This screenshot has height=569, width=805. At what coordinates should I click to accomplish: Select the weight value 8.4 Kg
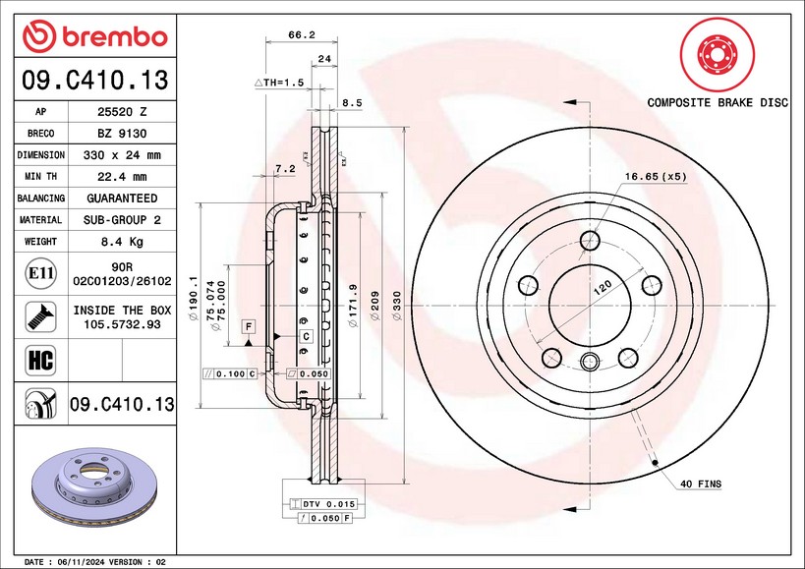(x=123, y=241)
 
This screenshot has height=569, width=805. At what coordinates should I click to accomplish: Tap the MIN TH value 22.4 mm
(x=123, y=177)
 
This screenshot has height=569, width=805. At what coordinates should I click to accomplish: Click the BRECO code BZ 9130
(x=123, y=134)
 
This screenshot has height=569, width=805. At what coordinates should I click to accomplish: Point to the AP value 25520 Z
(x=123, y=112)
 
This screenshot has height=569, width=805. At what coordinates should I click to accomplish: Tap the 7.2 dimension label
(x=285, y=169)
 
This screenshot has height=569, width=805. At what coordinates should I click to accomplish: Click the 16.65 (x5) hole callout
(x=656, y=177)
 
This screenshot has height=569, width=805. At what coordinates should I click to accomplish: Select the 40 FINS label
(x=700, y=484)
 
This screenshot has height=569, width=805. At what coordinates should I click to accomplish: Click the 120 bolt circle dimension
(x=601, y=285)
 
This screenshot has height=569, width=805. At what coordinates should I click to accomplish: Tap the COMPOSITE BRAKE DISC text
(x=717, y=102)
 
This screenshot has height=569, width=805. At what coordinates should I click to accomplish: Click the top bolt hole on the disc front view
(x=590, y=241)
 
